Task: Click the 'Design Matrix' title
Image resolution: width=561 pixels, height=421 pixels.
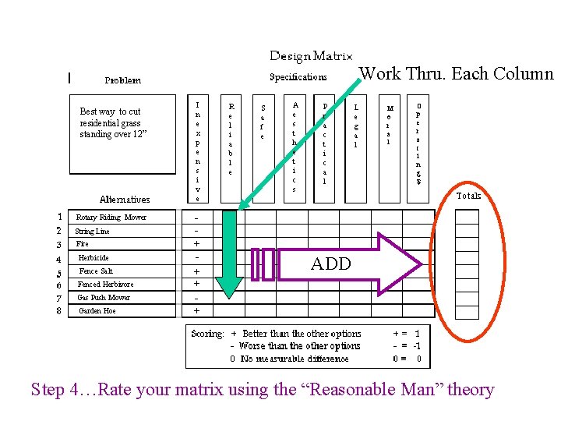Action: point(311,56)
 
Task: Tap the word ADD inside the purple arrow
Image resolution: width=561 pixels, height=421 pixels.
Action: point(331,264)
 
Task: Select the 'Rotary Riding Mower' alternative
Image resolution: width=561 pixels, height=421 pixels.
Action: point(111,218)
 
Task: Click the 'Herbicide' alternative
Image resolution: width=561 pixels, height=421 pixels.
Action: point(93,257)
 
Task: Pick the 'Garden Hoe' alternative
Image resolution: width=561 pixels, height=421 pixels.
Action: point(98,310)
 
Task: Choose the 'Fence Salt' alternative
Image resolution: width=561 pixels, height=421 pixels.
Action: point(96,271)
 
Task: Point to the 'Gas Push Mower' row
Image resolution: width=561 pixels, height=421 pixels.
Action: point(104,297)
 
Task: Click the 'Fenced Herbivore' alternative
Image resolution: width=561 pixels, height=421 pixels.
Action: point(105,284)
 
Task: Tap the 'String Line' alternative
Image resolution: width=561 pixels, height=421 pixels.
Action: point(92,232)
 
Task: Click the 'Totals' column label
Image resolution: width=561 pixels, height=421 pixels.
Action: point(468,196)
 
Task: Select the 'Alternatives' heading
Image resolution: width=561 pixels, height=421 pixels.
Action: point(125,200)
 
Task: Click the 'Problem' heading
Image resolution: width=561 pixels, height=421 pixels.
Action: point(123,80)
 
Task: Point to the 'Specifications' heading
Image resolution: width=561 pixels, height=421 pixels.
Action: point(298,77)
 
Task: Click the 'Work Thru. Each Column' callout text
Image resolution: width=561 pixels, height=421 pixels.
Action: point(456,74)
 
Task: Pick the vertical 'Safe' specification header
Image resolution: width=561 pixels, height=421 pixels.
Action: point(263,122)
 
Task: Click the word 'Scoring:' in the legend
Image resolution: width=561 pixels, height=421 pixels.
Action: point(207,334)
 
